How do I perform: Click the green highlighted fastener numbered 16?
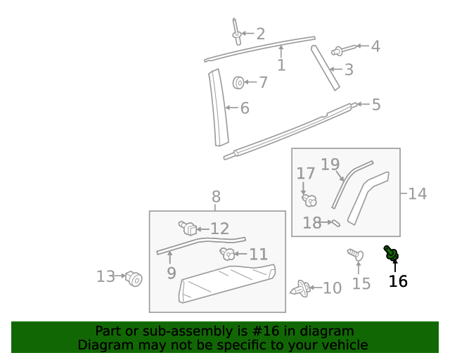(392, 253)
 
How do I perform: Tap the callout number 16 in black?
(398, 281)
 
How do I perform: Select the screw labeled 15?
(356, 256)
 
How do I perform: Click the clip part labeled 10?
(301, 288)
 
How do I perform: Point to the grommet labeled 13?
(134, 279)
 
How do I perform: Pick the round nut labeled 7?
(238, 83)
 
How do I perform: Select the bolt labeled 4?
(340, 50)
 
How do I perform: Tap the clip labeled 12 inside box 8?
(187, 228)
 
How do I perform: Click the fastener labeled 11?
(227, 254)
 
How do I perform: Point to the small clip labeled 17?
(309, 200)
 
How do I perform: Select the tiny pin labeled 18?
(335, 224)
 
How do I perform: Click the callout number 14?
(417, 193)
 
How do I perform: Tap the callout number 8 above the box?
(216, 196)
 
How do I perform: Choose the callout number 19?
(330, 165)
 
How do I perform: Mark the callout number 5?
(376, 105)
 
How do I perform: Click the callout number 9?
(171, 273)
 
